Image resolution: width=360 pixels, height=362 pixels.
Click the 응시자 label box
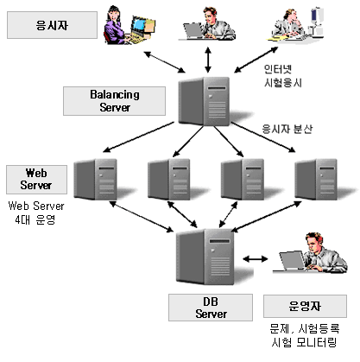click(x=52, y=25)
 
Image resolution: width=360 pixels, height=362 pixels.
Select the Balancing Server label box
click(x=114, y=101)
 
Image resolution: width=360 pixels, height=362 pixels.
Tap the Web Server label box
click(x=36, y=180)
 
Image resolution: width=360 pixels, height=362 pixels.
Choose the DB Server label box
click(x=211, y=308)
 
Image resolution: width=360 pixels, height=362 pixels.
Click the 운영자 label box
click(x=305, y=306)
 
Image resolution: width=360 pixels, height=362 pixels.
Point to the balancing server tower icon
click(x=205, y=101)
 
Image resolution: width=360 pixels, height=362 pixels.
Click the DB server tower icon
click(x=205, y=257)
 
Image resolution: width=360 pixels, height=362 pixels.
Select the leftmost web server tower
click(x=96, y=179)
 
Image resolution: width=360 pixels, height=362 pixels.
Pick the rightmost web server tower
click(x=316, y=179)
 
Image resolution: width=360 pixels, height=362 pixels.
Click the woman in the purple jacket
click(x=115, y=27)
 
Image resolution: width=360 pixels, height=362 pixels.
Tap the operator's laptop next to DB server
click(x=291, y=261)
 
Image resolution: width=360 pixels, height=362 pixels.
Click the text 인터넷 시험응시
click(x=282, y=76)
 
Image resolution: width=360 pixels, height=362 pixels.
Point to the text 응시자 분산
click(x=287, y=129)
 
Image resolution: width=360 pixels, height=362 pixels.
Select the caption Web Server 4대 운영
click(x=36, y=213)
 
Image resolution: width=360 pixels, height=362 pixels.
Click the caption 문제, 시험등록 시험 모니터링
click(x=305, y=335)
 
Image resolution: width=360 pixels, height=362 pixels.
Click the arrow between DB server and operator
click(x=256, y=259)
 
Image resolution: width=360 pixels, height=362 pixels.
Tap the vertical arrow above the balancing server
click(x=208, y=60)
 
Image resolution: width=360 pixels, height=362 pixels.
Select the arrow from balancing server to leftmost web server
click(x=138, y=137)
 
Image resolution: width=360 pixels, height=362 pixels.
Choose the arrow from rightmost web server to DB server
click(x=266, y=217)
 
